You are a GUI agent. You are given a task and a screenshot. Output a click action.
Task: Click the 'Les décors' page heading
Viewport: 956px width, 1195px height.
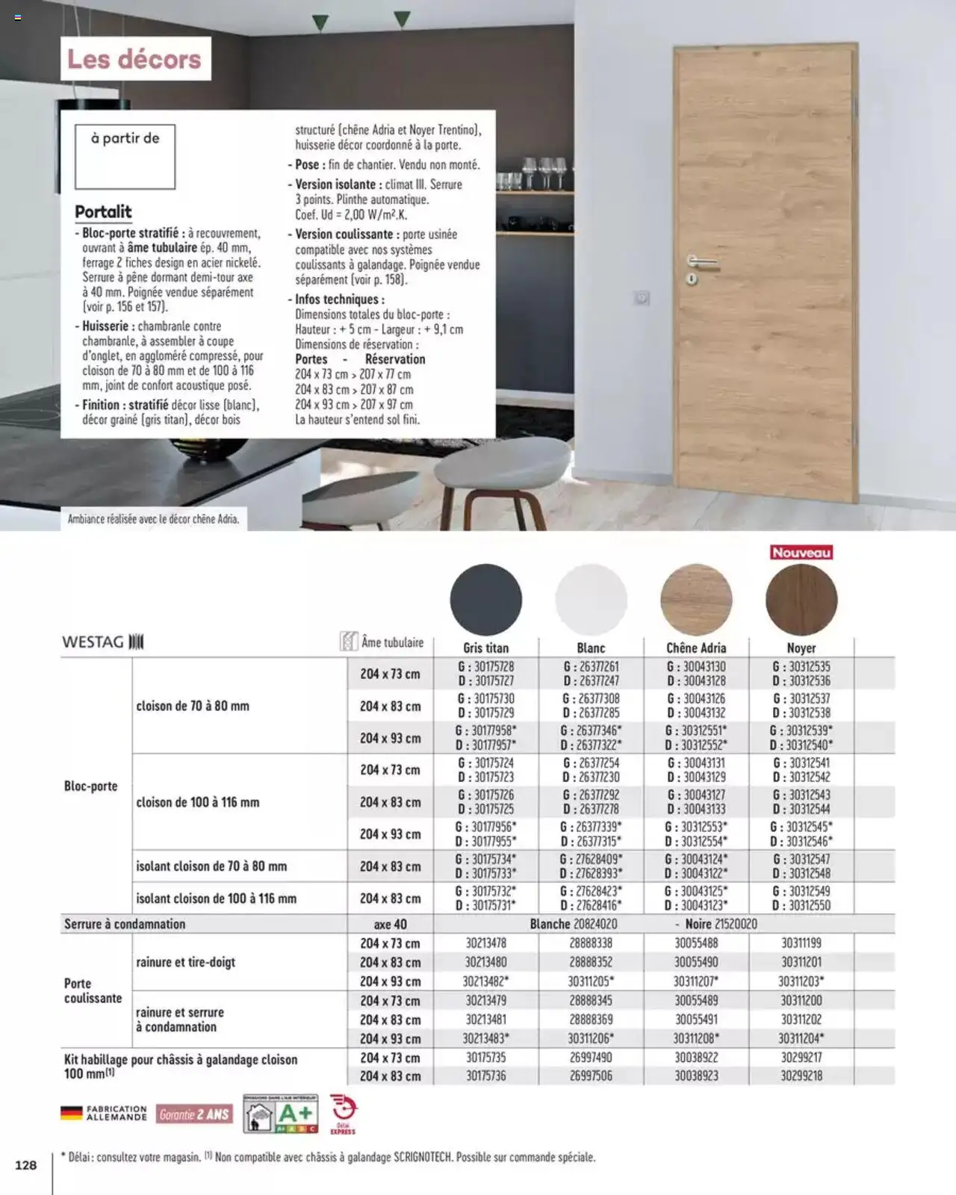pos(134,59)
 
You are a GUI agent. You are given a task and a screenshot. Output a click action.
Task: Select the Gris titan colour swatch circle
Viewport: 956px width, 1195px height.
pos(485,600)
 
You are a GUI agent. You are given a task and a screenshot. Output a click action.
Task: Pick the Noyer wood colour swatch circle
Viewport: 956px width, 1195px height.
pos(801,600)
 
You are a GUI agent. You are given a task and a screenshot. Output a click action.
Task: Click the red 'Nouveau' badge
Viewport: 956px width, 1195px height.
pos(801,553)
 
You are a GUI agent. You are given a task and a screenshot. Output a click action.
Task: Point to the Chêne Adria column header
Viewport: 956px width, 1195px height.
pos(696,648)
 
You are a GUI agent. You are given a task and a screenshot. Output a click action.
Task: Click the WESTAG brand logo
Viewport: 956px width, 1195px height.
pos(103,642)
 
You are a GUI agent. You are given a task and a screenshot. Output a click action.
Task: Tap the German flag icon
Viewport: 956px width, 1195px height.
pos(71,1113)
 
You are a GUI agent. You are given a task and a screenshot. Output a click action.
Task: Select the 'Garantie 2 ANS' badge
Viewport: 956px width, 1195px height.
pos(194,1114)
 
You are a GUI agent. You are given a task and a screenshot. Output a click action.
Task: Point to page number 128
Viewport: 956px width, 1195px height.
pos(25,1165)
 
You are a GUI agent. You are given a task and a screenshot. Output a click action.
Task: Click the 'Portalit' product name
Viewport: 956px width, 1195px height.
pos(103,212)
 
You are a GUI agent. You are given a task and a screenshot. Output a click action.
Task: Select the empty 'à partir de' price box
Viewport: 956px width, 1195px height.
pos(125,157)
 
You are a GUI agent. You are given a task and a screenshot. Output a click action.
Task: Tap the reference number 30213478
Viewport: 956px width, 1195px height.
pos(485,943)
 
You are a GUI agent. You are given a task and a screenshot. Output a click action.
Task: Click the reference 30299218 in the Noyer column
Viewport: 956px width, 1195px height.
pos(801,1076)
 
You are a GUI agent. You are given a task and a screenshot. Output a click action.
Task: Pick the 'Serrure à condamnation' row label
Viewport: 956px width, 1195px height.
pos(125,924)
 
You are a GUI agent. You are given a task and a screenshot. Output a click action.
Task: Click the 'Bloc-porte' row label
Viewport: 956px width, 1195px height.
pos(91,786)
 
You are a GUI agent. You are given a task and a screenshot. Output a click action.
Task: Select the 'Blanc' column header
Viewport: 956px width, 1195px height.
pos(591,648)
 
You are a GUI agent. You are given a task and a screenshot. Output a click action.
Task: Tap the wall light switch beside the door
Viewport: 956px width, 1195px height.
pos(642,298)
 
